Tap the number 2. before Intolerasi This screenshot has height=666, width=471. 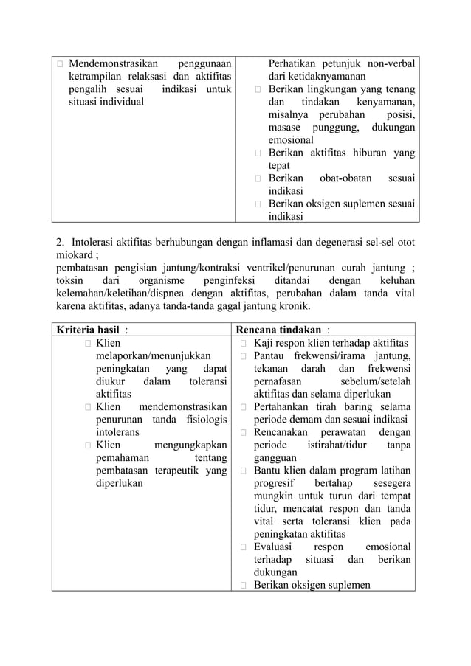61,241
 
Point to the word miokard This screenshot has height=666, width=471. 75,254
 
